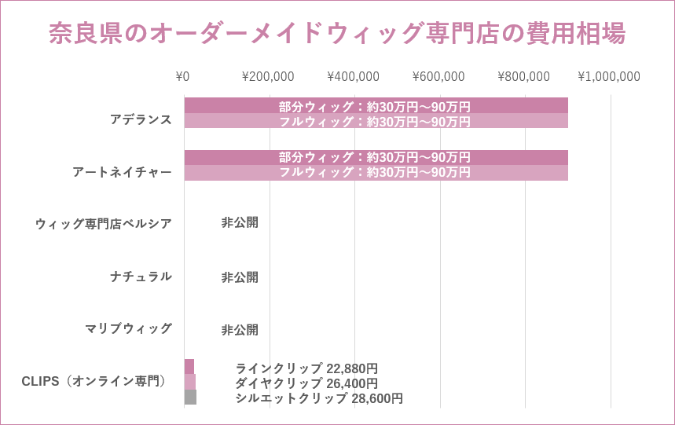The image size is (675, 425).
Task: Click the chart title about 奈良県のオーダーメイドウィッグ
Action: (x=337, y=34)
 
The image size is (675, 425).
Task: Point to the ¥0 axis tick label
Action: (x=183, y=76)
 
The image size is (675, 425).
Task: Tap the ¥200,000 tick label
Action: (x=268, y=76)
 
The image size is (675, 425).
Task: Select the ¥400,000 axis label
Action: (x=354, y=76)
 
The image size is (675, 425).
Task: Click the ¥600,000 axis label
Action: (x=438, y=76)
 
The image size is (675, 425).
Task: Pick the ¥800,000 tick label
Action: (x=524, y=76)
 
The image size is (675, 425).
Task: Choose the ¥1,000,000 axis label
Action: (x=609, y=76)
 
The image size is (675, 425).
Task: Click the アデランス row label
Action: (x=141, y=119)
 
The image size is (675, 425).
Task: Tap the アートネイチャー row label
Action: (x=122, y=172)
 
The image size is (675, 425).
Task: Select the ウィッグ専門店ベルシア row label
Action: (x=103, y=223)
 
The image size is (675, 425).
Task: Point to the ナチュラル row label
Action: (x=141, y=277)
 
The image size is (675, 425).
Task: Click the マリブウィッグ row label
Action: (x=128, y=328)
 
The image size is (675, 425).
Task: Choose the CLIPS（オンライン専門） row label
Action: (x=95, y=382)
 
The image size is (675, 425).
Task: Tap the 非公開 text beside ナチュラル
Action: (x=240, y=277)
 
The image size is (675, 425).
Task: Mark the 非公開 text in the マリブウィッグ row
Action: (x=240, y=330)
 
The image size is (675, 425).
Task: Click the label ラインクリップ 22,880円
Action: (x=306, y=368)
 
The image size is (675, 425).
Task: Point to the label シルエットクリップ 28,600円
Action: (x=319, y=398)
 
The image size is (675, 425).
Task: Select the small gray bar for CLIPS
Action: (x=190, y=397)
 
